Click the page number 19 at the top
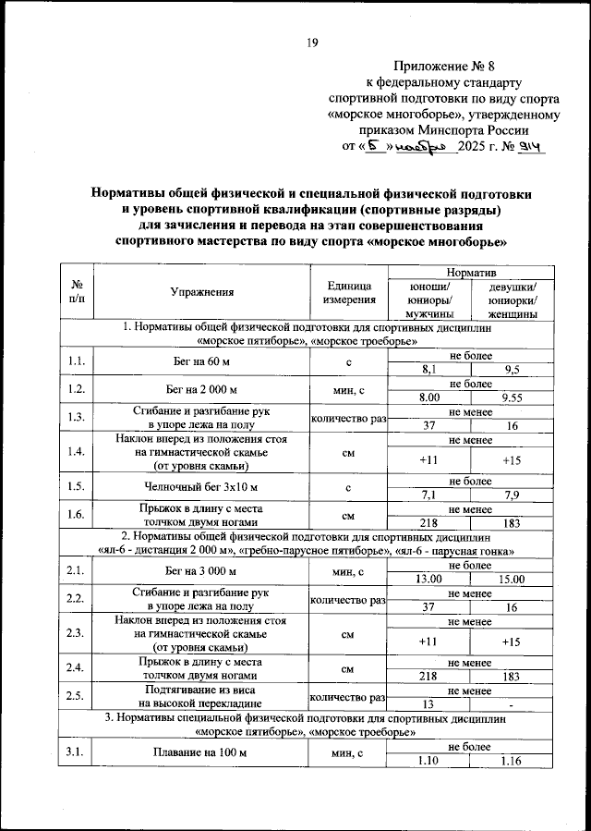(x=312, y=42)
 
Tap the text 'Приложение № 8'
(x=444, y=67)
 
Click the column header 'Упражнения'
(x=201, y=292)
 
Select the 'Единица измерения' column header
(x=349, y=292)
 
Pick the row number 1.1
(x=78, y=362)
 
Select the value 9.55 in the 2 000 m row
(x=512, y=397)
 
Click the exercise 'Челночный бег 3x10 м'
(x=201, y=486)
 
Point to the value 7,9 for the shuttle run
(x=512, y=495)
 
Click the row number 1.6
(x=78, y=514)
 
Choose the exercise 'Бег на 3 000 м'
(x=201, y=571)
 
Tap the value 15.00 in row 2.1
(x=512, y=579)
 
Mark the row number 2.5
(x=78, y=697)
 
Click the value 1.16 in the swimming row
(x=512, y=761)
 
